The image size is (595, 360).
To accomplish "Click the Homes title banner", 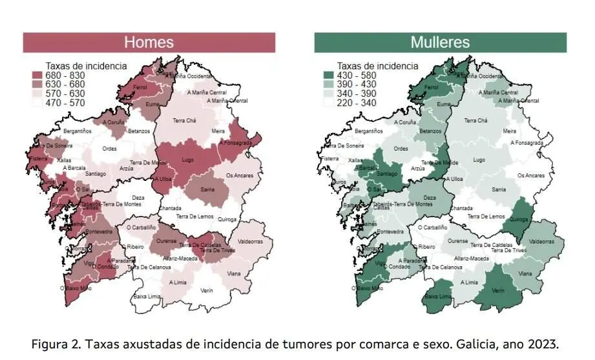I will click(149, 43).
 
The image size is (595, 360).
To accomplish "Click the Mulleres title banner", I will click(440, 43).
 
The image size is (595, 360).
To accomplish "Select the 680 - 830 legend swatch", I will click(37, 76).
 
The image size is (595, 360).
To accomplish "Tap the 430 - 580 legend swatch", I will click(329, 76).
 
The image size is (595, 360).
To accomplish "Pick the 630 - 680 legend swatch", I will click(37, 84).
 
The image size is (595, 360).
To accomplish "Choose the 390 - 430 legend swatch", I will click(329, 84).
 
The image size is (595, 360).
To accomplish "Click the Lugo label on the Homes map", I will click(188, 159).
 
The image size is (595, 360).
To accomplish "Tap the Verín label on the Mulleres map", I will click(497, 290).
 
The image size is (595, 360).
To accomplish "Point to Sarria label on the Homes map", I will click(207, 189).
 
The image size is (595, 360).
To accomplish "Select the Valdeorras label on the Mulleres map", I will click(541, 242).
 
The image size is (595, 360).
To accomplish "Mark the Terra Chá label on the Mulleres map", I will click(475, 121).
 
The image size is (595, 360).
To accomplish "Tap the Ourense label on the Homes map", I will click(167, 241).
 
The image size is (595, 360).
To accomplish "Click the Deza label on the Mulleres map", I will click(430, 198).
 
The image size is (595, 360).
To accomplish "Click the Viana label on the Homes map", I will click(234, 273).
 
